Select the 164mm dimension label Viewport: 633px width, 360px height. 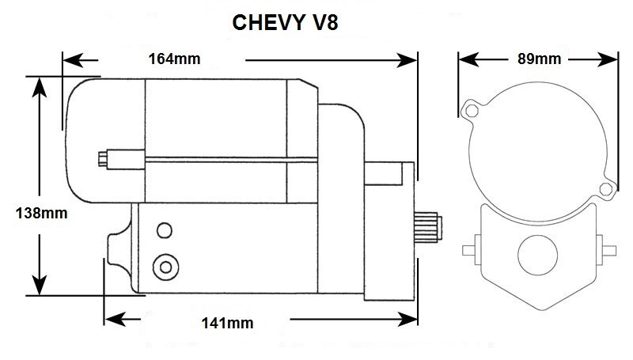174,59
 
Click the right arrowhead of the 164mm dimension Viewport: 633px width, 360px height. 411,59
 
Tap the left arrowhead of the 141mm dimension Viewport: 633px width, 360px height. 110,320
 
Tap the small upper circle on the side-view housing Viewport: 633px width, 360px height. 165,230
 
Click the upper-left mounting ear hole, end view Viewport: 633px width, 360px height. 472,110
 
